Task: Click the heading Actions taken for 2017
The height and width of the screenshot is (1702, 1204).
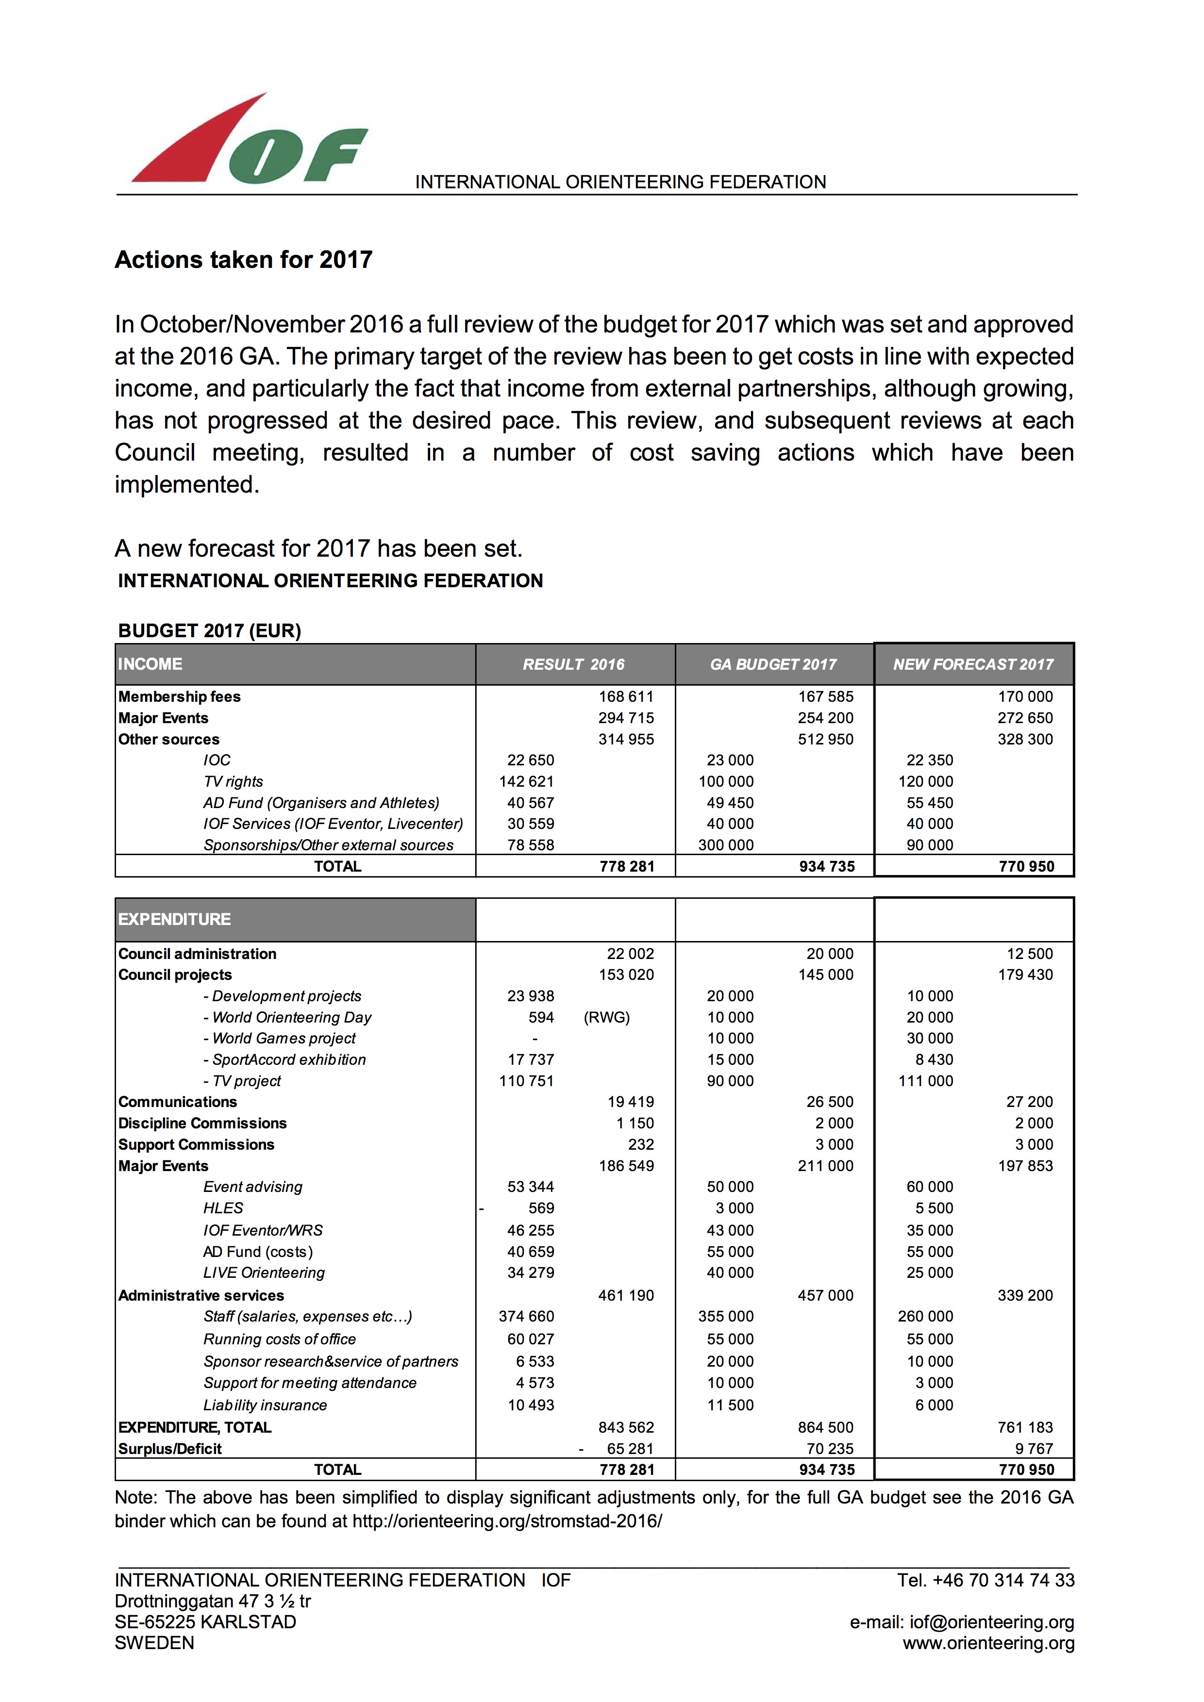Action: pos(243,260)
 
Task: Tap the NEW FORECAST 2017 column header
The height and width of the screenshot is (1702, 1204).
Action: pos(973,664)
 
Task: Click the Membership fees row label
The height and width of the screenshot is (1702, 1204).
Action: pos(180,697)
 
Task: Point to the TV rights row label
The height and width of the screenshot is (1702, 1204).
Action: pos(233,781)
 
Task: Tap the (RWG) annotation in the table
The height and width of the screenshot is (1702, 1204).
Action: pos(606,1017)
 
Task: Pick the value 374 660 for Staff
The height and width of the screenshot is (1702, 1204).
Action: pos(526,1317)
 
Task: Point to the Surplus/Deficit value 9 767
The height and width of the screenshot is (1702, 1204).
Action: pos(1034,1449)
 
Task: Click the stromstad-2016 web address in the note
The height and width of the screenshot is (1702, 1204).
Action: pos(507,1522)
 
